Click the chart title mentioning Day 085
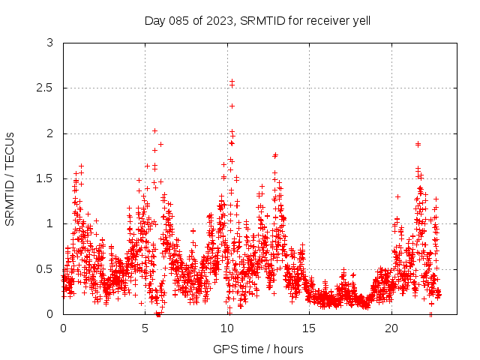pyautogui.click(x=257, y=20)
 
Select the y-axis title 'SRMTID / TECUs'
pyautogui.click(x=10, y=178)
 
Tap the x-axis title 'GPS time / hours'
pyautogui.click(x=258, y=349)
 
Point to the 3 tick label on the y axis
pyautogui.click(x=49, y=43)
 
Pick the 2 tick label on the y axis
pyautogui.click(x=49, y=133)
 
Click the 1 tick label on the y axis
pyautogui.click(x=49, y=223)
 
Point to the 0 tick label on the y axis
pyautogui.click(x=49, y=313)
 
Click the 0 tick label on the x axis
pyautogui.click(x=63, y=328)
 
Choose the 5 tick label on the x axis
pyautogui.click(x=145, y=328)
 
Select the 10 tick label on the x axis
pyautogui.click(x=227, y=328)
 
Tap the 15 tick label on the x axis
pyautogui.click(x=309, y=328)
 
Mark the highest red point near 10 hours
pyautogui.click(x=232, y=81)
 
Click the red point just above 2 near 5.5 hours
pyautogui.click(x=154, y=131)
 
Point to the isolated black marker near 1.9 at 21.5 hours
pyautogui.click(x=418, y=144)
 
